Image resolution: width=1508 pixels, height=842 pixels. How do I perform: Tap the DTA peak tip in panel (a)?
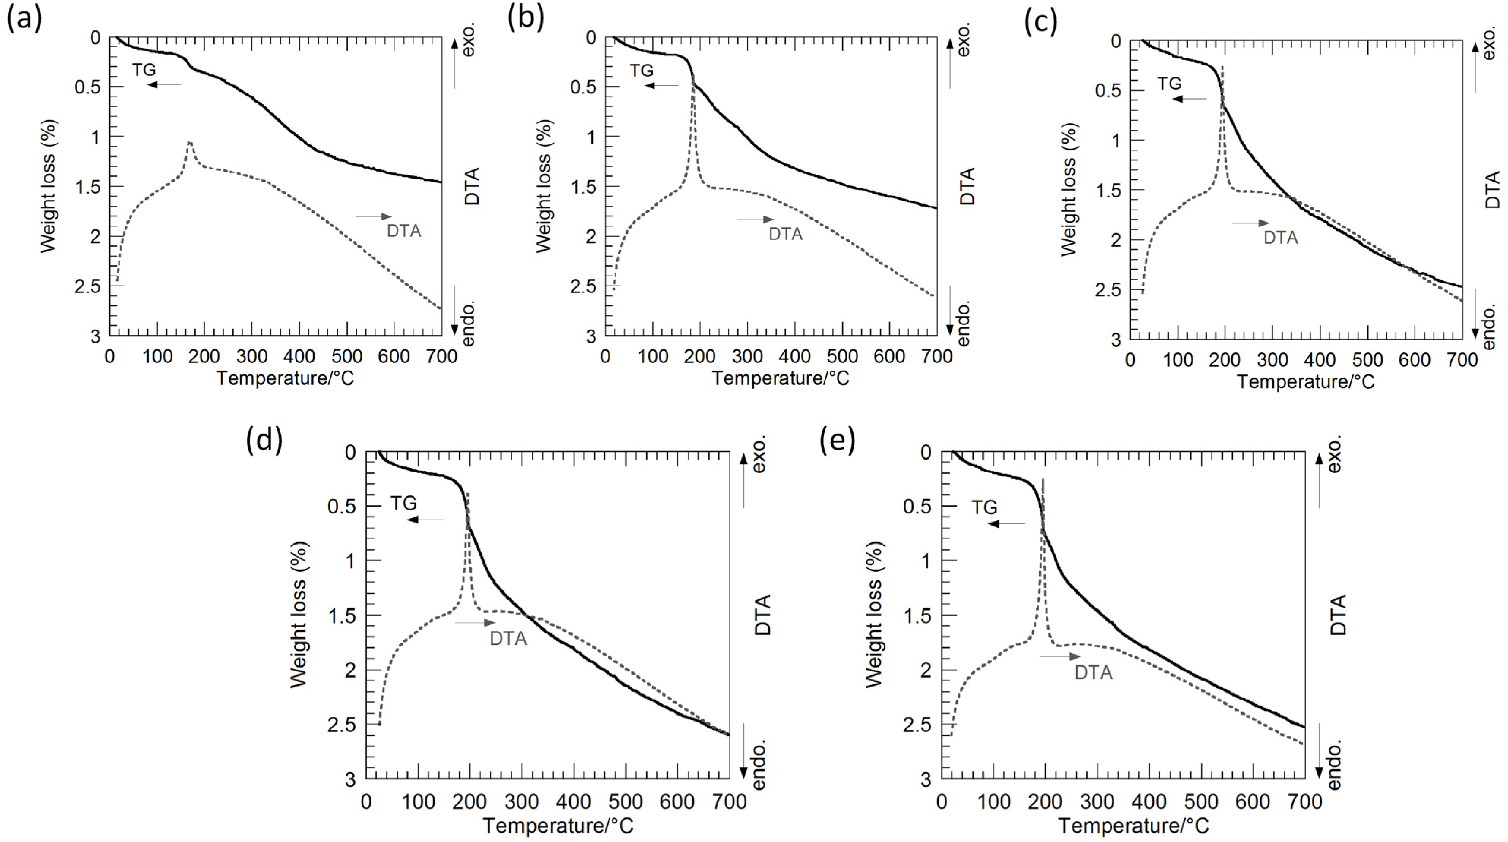(x=190, y=142)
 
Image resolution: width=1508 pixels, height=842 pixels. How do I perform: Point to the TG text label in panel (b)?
(x=641, y=70)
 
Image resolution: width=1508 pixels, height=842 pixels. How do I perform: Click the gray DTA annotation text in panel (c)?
(x=1280, y=238)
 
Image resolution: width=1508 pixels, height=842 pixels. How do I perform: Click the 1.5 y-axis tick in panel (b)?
(x=584, y=186)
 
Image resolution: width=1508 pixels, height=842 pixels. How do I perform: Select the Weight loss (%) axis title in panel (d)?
(x=299, y=615)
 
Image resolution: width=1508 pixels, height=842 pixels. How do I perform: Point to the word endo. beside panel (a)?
(x=469, y=324)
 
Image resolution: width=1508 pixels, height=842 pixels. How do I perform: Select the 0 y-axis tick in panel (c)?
(x=1116, y=41)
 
